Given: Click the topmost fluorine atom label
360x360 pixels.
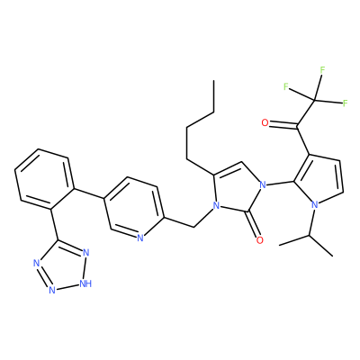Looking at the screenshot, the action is [322, 70].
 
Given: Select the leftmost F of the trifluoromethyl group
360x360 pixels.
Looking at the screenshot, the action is [286, 86].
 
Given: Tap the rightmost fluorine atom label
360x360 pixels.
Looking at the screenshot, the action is [345, 103].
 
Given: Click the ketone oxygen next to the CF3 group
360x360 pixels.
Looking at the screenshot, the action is [265, 122].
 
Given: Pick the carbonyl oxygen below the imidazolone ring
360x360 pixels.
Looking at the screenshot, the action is [260, 240].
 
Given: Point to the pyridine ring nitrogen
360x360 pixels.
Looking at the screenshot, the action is [139, 238].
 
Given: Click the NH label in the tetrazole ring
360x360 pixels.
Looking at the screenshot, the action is [85, 283].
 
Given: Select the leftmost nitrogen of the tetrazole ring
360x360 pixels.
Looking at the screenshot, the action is [37, 264].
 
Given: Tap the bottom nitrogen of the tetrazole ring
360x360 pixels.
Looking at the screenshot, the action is [52, 290].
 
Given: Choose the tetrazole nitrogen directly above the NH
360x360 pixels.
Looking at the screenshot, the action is [86, 252].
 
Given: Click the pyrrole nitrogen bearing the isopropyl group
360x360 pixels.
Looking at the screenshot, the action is [315, 205].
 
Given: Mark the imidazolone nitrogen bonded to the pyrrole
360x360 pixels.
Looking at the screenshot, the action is [263, 184].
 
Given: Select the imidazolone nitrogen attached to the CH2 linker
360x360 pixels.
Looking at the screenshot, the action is [215, 206].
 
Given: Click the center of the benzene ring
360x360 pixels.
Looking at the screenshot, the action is [44, 179].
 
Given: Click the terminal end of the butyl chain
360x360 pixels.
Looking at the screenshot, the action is [213, 80].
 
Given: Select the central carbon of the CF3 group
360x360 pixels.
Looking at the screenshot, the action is [315, 100].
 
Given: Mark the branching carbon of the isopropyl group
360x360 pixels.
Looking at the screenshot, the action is [310, 236].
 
